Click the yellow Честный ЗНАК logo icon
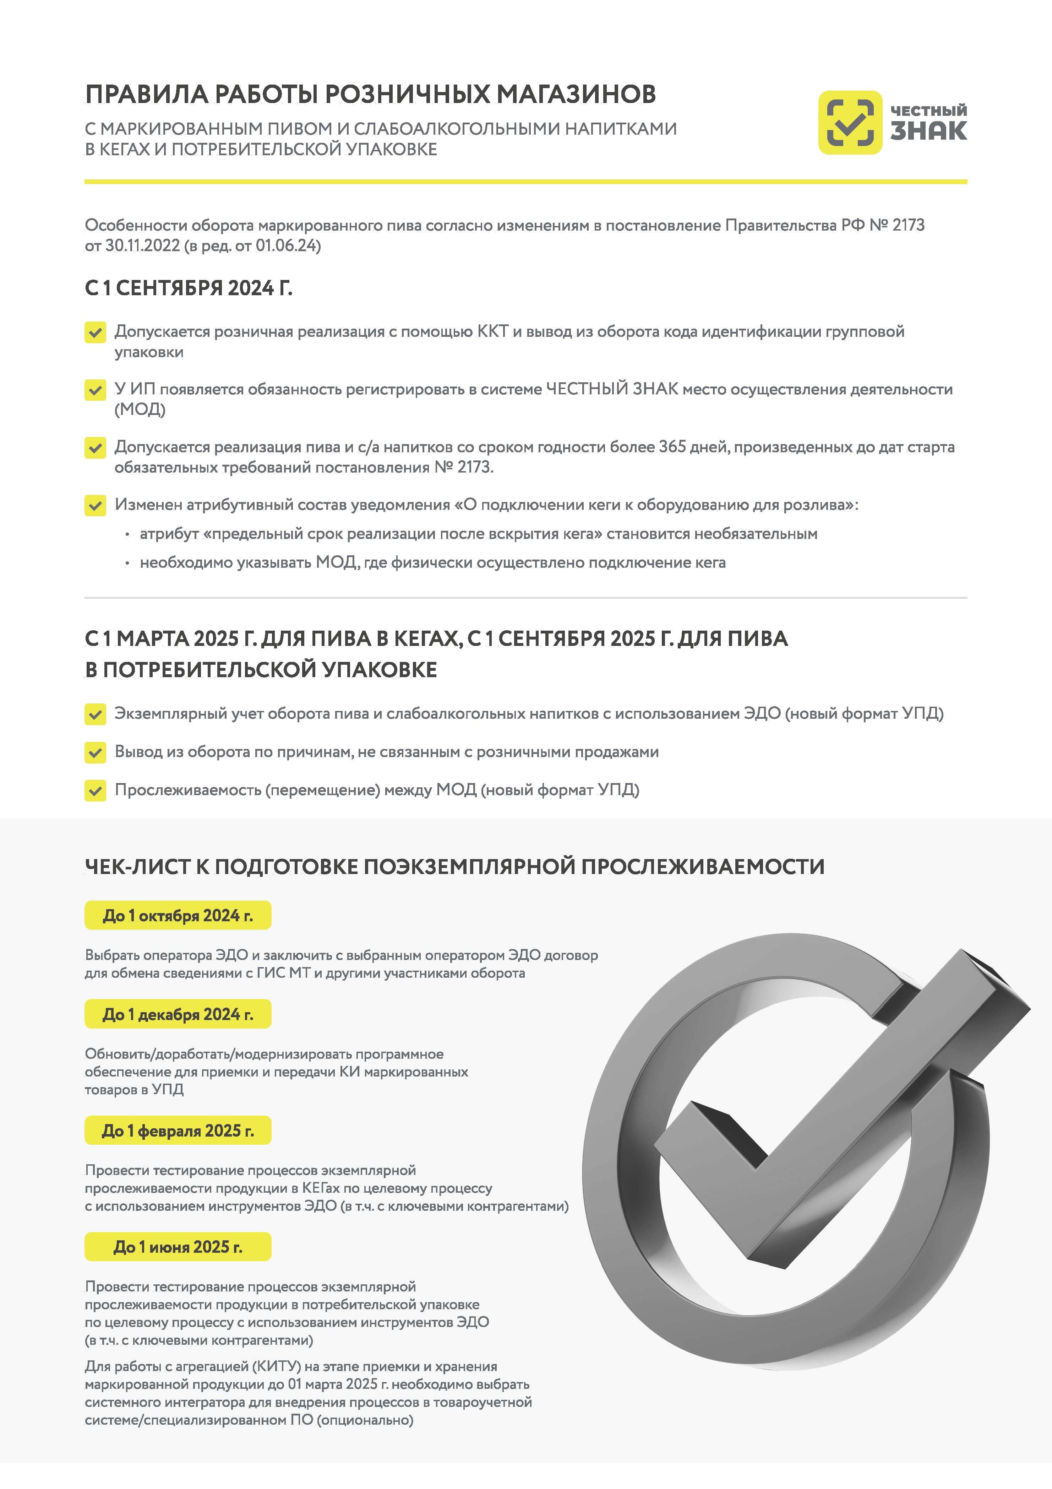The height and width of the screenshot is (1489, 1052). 850,123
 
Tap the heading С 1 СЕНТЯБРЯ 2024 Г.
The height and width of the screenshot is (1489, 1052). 189,288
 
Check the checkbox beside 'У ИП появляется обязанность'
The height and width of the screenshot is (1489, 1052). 95,390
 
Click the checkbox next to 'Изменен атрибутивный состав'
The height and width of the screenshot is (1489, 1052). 95,505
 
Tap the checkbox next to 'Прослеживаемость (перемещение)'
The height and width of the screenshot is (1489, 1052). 95,791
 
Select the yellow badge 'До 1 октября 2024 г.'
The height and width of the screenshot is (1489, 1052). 178,915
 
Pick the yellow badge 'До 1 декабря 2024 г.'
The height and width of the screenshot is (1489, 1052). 178,1014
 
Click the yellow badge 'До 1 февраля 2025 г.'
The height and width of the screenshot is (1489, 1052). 178,1131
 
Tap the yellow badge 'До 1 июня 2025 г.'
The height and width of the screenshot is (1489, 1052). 178,1246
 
